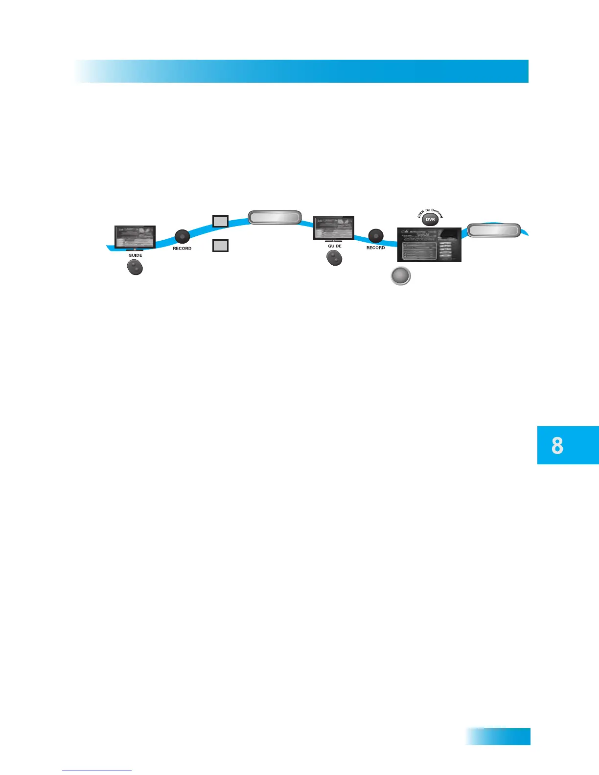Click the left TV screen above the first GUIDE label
(135, 237)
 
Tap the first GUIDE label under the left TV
(135, 255)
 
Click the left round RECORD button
(182, 237)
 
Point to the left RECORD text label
(182, 249)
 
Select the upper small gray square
(220, 221)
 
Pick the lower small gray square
(220, 245)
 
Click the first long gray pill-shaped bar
(275, 217)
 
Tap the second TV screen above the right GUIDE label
(334, 228)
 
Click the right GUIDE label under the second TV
(335, 246)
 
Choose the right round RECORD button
(376, 236)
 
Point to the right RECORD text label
(376, 248)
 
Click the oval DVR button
(430, 220)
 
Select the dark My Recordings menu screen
(429, 245)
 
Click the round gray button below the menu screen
(401, 276)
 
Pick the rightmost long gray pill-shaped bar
(493, 230)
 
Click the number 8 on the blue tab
(557, 446)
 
